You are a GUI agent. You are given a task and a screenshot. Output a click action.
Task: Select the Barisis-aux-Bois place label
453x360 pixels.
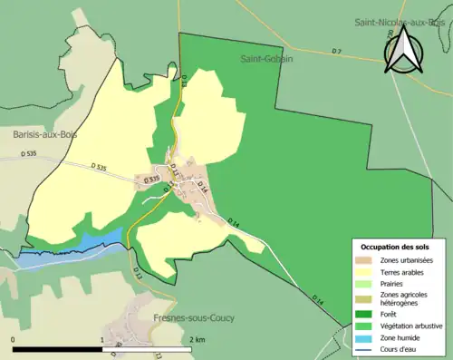click(45, 133)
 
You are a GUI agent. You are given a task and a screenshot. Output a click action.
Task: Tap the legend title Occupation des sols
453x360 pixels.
click(395, 247)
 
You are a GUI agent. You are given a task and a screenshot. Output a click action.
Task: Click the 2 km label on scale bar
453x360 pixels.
click(198, 339)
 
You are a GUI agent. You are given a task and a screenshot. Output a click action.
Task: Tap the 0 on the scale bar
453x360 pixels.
click(14, 339)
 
